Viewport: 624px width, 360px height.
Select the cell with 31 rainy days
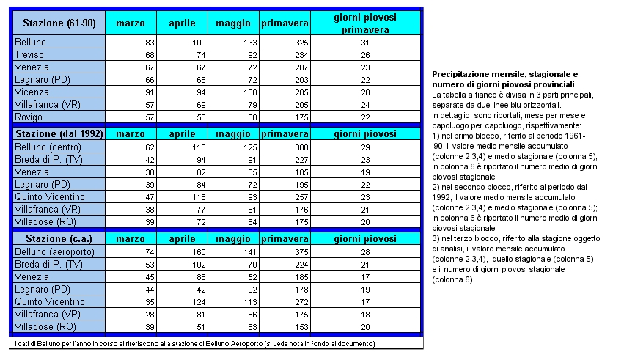(364, 43)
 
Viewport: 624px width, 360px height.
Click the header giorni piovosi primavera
(365, 23)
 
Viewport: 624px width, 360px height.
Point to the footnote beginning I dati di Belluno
(194, 344)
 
